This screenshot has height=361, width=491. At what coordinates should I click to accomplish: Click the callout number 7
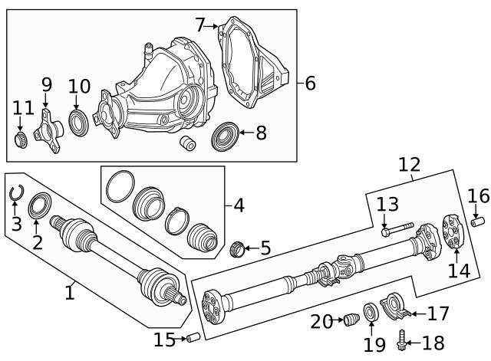pos(200,25)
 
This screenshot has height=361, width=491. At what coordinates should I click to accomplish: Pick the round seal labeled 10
pos(78,122)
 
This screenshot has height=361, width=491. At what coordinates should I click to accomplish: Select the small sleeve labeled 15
pos(193,337)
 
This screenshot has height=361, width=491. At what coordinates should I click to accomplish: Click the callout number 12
pos(410,164)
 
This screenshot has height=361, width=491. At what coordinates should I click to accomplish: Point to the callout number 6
pos(310,83)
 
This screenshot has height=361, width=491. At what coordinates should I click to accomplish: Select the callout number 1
pos(70,292)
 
